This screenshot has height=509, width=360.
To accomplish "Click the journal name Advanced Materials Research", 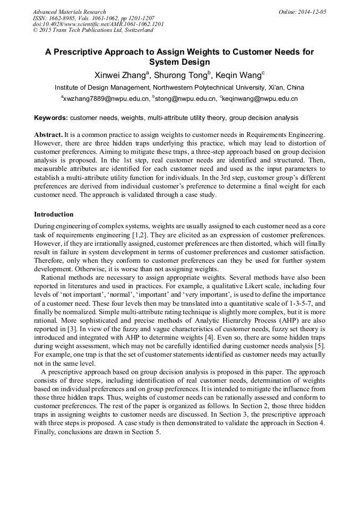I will click(x=70, y=12).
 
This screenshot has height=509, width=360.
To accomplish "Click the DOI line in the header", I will click(x=98, y=24).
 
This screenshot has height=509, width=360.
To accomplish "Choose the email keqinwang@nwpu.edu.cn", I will click(x=260, y=99).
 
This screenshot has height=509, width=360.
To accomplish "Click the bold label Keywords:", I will click(x=51, y=118).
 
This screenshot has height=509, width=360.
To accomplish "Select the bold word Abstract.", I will click(x=49, y=135).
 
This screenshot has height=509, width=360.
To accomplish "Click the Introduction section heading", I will click(x=54, y=214).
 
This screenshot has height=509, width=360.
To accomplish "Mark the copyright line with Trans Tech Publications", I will click(x=93, y=30).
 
